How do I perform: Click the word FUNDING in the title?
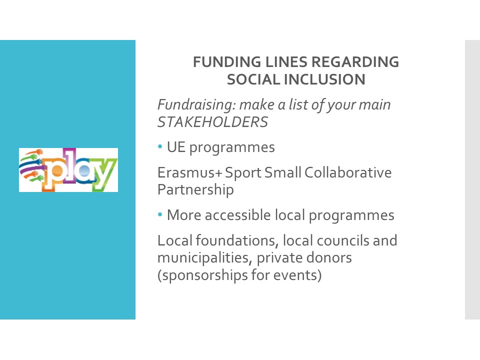(227, 62)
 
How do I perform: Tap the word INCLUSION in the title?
(324, 79)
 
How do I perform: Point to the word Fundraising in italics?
(196, 105)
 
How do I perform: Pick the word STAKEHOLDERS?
(213, 122)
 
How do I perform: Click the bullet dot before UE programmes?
(160, 146)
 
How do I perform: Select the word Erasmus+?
(190, 172)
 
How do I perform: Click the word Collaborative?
(348, 172)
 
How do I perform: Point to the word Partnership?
(195, 190)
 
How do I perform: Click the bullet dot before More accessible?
(160, 214)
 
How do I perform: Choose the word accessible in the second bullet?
(238, 215)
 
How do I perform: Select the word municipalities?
(205, 258)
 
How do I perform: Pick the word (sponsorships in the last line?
(202, 275)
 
